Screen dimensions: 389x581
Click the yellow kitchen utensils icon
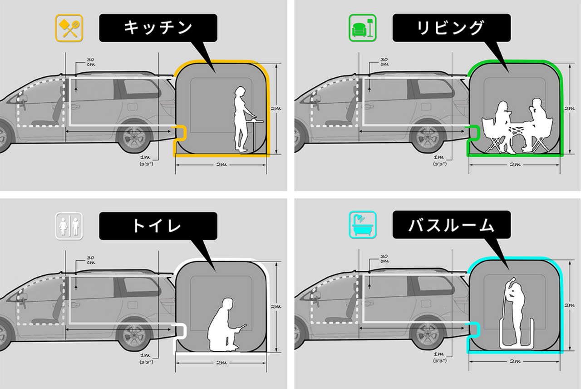pos(69,28)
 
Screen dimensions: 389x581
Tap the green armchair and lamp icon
pos(363,28)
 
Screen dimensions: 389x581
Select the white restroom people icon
pos(69,225)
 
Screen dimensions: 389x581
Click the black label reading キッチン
pos(158,28)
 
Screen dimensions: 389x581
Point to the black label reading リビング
pos(451,28)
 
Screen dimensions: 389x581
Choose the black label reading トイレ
pos(158,226)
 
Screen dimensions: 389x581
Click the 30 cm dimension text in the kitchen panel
pos(90,61)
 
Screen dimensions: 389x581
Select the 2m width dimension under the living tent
pos(515,164)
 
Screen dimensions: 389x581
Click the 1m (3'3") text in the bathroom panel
pos(439,357)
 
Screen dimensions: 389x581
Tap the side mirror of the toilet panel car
pos(22,298)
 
